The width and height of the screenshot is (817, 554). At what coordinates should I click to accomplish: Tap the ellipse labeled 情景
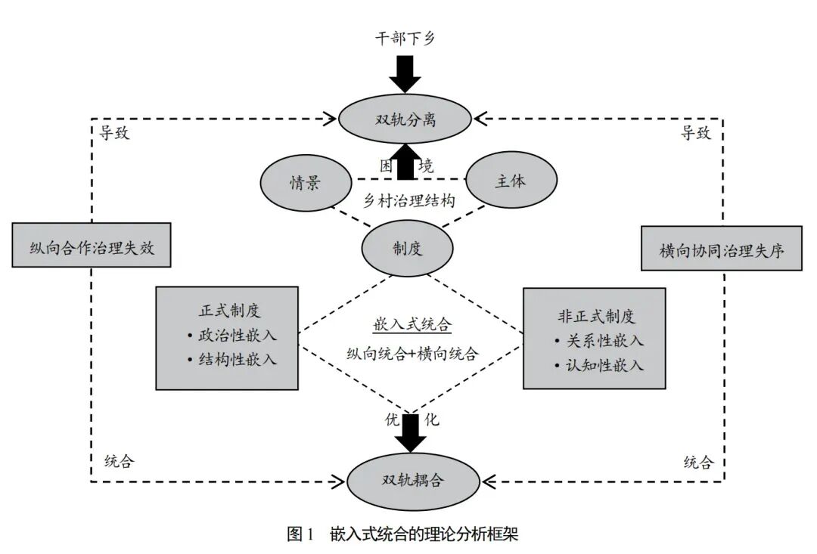[x=306, y=184]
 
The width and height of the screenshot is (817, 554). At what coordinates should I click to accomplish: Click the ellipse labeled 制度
[x=408, y=248]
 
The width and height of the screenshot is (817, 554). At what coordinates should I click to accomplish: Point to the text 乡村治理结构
[x=409, y=200]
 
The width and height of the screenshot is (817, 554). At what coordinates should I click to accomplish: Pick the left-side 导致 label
[x=117, y=134]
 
